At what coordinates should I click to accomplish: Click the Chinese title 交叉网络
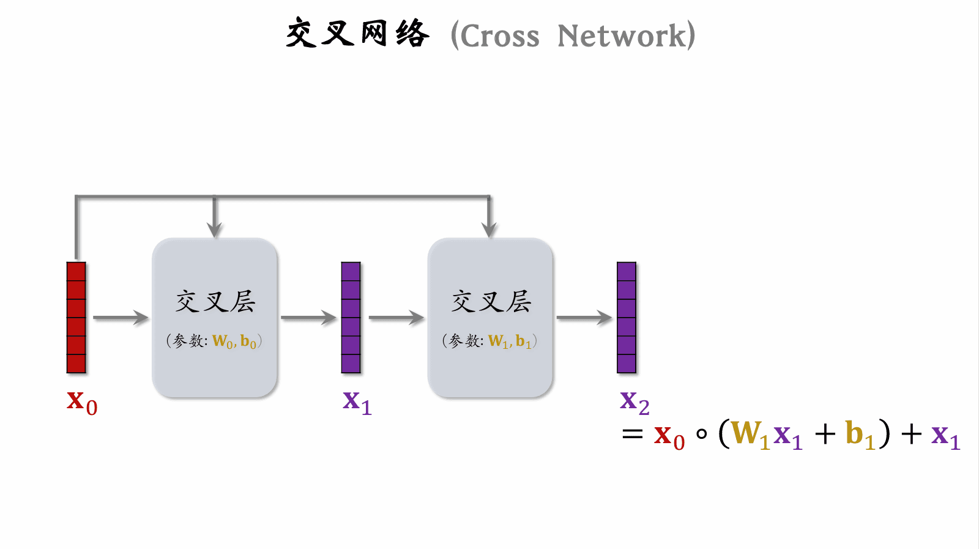(x=357, y=34)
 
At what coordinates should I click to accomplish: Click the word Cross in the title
(x=500, y=36)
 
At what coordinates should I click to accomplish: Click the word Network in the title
(x=622, y=36)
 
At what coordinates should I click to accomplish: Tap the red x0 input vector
(x=76, y=318)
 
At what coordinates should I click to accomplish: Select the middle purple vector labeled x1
(x=351, y=318)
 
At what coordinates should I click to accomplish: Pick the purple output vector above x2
(x=627, y=318)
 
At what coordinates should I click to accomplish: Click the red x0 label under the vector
(x=82, y=402)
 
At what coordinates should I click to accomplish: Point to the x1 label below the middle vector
(x=357, y=402)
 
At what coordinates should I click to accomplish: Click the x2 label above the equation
(x=635, y=402)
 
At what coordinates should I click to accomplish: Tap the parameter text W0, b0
(x=234, y=342)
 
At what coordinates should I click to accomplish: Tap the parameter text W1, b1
(x=510, y=342)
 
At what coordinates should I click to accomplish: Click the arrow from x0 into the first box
(x=121, y=318)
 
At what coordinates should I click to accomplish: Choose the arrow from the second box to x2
(x=584, y=318)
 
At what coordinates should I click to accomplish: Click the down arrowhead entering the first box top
(x=214, y=230)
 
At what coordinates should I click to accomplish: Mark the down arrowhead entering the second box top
(x=489, y=230)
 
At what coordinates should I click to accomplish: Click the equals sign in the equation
(x=632, y=435)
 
